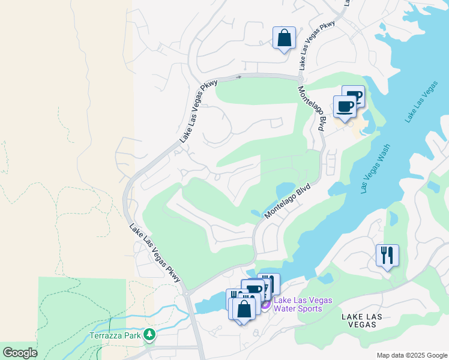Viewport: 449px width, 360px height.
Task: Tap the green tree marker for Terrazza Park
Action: pos(149,334)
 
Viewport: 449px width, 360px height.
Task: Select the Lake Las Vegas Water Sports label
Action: pos(303,305)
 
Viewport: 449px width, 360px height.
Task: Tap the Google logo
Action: pos(20,353)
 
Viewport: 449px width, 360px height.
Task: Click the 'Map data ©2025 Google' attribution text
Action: pos(411,355)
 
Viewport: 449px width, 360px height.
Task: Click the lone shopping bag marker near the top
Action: pos(285,38)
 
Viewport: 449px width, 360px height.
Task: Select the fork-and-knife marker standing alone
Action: pos(387,255)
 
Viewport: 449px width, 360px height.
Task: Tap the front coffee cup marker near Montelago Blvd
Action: pos(345,107)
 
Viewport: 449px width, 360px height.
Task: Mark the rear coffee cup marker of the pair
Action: pos(354,95)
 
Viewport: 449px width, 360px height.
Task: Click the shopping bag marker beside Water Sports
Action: pos(244,310)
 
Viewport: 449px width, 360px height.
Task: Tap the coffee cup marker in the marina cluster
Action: pos(254,290)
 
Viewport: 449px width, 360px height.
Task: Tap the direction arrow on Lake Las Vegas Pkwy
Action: pos(238,77)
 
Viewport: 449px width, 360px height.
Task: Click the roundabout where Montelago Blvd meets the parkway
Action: pos(300,79)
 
